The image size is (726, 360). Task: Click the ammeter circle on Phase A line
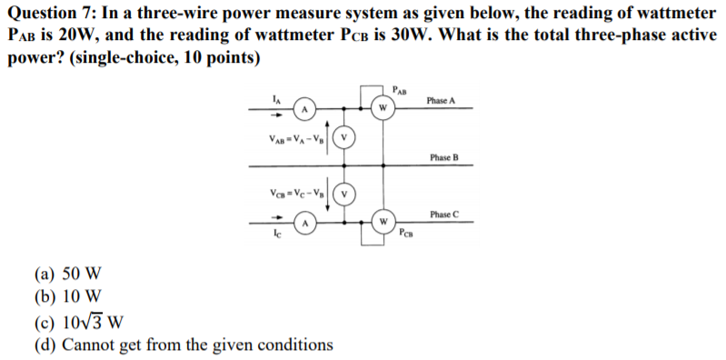point(306,109)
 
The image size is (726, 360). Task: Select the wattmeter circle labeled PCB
point(383,221)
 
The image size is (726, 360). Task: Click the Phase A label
point(440,100)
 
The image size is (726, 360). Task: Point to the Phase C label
point(444,214)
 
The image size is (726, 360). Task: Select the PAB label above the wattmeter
point(401,89)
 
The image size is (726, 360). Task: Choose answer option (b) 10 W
point(69,296)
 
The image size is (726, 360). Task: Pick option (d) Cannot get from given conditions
point(183,345)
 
